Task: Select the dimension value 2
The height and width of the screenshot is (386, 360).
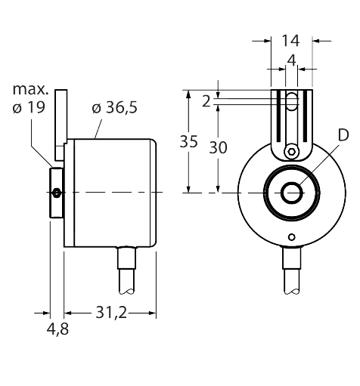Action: [206, 100]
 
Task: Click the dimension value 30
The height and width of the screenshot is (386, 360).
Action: [218, 148]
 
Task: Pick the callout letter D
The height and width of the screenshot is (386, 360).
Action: [343, 137]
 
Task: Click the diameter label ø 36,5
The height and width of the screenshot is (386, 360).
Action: [114, 109]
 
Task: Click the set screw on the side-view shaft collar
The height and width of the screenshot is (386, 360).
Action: [57, 194]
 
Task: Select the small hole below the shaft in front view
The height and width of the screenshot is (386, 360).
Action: [290, 236]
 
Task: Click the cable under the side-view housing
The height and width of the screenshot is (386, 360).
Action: [127, 272]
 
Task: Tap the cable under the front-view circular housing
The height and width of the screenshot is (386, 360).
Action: [291, 272]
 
